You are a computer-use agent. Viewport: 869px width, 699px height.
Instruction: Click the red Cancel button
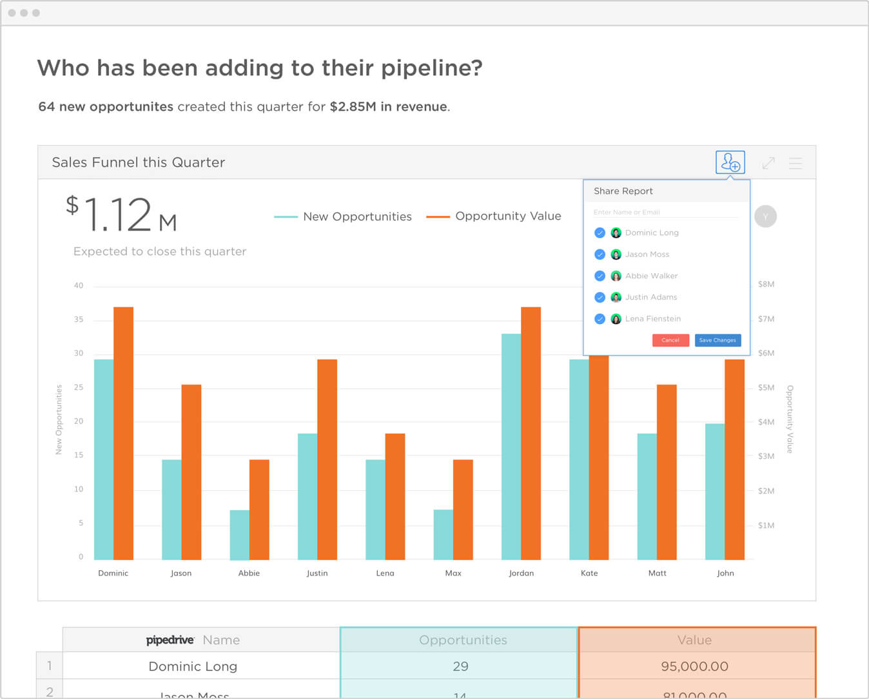pos(670,340)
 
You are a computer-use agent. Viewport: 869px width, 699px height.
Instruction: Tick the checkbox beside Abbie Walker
pos(600,276)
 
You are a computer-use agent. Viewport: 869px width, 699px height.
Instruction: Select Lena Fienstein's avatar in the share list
pos(616,319)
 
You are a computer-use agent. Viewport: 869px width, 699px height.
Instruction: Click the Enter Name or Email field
pos(664,212)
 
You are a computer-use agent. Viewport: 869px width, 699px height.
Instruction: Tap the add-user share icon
pos(730,162)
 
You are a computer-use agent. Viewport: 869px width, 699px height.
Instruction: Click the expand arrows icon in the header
pos(768,163)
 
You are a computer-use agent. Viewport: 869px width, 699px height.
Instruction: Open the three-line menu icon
pos(796,163)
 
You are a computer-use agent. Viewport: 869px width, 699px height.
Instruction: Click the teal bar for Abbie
pos(240,535)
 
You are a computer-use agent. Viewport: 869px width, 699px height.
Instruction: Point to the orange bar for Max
pos(463,509)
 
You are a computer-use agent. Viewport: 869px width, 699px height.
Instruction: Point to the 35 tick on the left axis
pos(79,320)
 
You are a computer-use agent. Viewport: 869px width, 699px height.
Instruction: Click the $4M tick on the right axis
pos(766,422)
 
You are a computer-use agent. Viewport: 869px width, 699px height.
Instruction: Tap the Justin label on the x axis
pos(317,573)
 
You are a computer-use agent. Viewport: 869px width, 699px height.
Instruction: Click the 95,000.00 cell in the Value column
pos(694,666)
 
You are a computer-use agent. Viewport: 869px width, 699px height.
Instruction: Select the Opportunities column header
pos(462,640)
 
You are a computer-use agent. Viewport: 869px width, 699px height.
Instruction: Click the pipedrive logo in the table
pos(170,640)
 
